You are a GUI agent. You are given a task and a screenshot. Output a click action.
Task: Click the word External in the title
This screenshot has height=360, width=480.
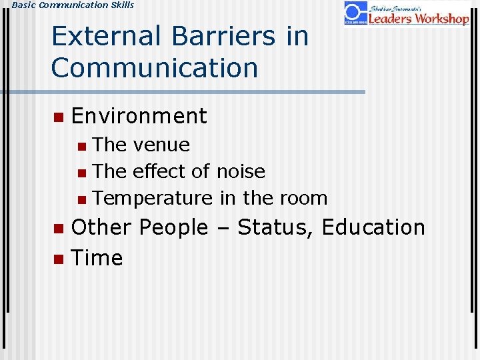tap(107, 36)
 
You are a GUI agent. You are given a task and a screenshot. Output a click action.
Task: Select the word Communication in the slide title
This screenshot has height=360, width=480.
tap(155, 67)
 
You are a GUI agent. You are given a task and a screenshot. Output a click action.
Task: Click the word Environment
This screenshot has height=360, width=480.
tap(139, 116)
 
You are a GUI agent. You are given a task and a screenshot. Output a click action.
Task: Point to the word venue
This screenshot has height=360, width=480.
tap(161, 145)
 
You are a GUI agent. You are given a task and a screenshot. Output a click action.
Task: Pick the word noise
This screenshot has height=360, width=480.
tap(240, 171)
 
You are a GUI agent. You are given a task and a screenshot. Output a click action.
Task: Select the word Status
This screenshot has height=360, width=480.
tap(275, 227)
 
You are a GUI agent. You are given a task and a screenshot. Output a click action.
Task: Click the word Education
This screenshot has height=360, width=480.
tap(373, 227)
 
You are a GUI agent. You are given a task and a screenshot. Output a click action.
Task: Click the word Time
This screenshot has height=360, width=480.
tap(97, 258)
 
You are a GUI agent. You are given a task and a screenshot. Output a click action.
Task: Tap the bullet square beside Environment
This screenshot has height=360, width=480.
tap(58, 117)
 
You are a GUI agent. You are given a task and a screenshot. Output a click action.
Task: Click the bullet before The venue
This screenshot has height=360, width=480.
tap(81, 146)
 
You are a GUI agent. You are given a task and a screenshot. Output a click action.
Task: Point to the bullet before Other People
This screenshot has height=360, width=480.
tap(58, 229)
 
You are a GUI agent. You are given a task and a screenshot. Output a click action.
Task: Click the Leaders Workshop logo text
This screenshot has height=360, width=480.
tap(419, 18)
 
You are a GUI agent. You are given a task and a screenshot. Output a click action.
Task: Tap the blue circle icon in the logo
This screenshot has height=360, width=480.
tap(355, 11)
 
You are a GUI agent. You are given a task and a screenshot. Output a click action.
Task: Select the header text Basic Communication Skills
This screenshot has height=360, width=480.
tap(67, 5)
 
